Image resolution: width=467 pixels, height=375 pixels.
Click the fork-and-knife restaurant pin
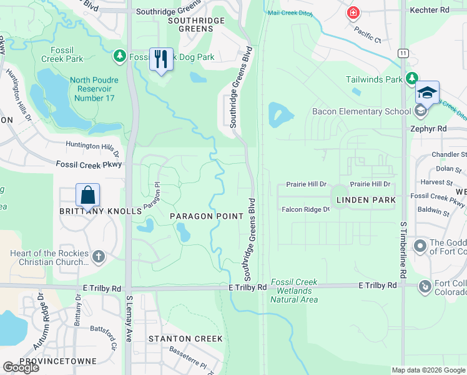[161, 59]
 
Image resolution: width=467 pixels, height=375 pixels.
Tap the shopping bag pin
[88, 195]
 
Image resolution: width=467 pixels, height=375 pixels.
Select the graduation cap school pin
[427, 93]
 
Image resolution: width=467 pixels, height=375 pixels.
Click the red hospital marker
[354, 12]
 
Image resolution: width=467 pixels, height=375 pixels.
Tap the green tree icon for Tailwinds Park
[411, 78]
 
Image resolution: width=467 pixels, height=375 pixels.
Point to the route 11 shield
[405, 54]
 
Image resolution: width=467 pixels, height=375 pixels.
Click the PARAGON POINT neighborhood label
[207, 216]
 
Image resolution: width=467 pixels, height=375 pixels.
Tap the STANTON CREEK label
[185, 339]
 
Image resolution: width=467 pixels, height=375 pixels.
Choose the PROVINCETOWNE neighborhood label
[57, 361]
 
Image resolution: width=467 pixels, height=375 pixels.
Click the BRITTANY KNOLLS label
[101, 211]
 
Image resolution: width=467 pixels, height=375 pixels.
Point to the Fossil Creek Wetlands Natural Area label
[294, 291]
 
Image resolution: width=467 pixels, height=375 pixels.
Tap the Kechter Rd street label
[430, 11]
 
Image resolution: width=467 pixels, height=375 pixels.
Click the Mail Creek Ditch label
[289, 12]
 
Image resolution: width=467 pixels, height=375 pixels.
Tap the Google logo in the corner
[21, 367]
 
